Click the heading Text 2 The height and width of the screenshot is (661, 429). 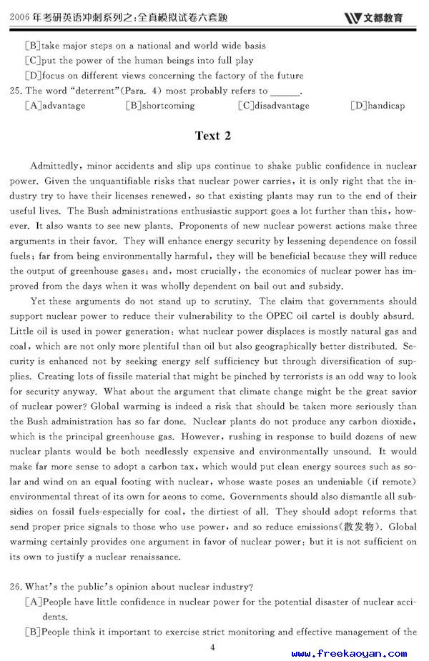(213, 136)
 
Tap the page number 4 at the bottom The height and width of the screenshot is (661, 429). (212, 647)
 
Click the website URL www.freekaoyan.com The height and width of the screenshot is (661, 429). (349, 653)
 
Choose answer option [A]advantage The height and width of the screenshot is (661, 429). (55, 106)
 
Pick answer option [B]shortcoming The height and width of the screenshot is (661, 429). (160, 106)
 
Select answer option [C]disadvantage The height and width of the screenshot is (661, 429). (274, 106)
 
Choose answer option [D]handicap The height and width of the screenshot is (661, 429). (378, 106)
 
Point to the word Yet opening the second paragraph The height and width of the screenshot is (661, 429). (39, 302)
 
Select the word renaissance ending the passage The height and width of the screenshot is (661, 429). (152, 557)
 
